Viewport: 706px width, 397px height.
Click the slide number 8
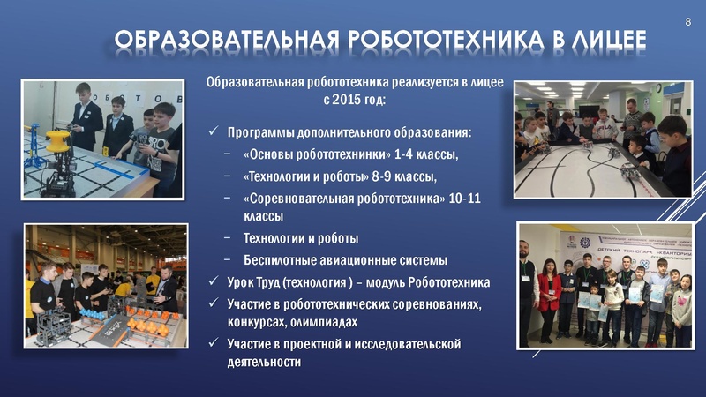tap(688, 19)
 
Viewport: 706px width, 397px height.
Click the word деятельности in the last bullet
tap(264, 362)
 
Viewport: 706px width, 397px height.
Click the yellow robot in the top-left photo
tap(58, 142)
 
